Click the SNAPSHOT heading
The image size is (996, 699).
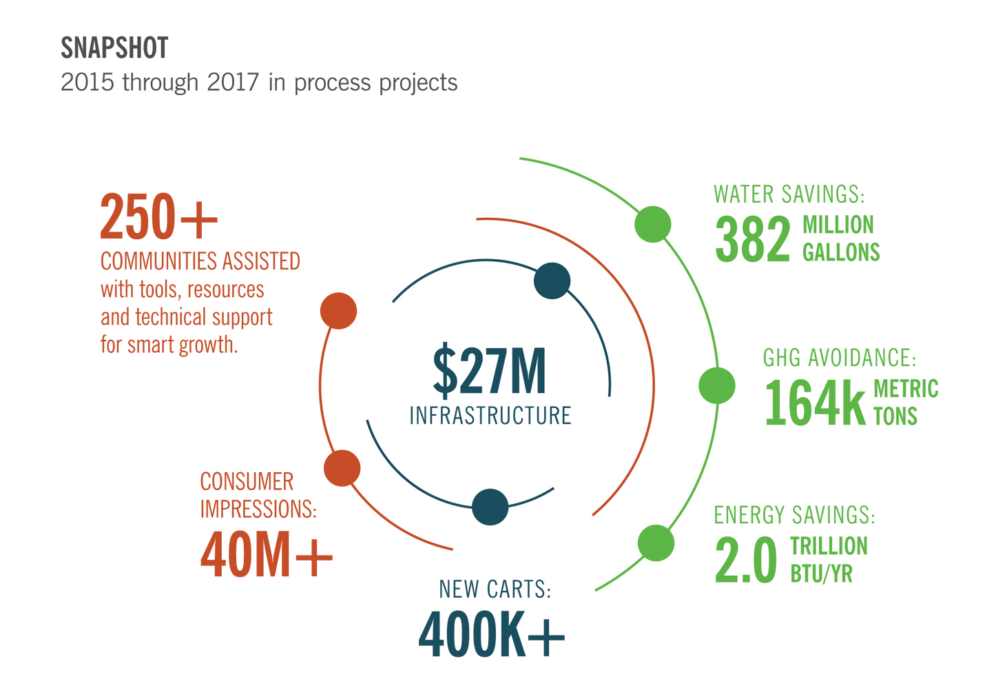[114, 48]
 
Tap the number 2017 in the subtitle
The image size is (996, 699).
[233, 82]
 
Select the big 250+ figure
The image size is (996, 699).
[158, 216]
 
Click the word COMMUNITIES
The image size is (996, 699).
[159, 261]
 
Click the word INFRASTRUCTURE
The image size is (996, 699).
[490, 416]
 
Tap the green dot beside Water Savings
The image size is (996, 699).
[652, 224]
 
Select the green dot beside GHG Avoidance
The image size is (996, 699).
[717, 385]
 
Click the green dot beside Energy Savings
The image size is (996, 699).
[656, 543]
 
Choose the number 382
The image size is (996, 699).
[753, 239]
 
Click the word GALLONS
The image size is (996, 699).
[841, 252]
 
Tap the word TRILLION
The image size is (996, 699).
[829, 545]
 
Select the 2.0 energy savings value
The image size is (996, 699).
[746, 559]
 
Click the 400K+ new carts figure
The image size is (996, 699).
[491, 634]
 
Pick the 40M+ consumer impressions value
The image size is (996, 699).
[267, 554]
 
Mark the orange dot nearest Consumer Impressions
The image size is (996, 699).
[342, 468]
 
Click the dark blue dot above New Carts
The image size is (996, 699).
[490, 507]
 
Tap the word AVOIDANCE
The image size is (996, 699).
[862, 358]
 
